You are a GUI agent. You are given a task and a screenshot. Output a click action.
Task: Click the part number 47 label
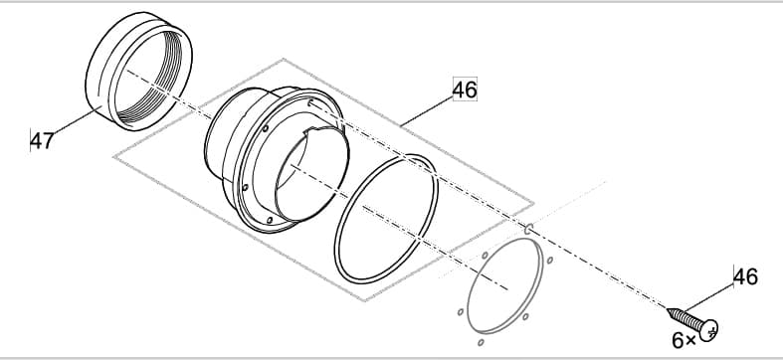[41, 140]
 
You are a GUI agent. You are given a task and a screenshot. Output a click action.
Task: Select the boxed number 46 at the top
[465, 90]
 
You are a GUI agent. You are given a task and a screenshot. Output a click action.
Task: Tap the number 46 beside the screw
[745, 276]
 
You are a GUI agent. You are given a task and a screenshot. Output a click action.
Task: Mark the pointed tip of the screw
[670, 309]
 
